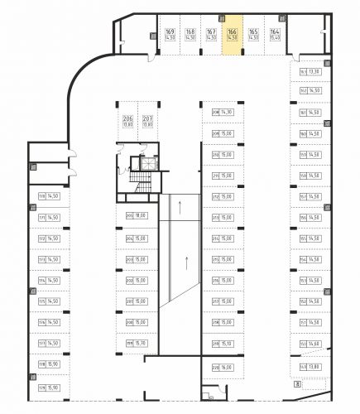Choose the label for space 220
pos(223,367)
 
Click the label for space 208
pos(223,113)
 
